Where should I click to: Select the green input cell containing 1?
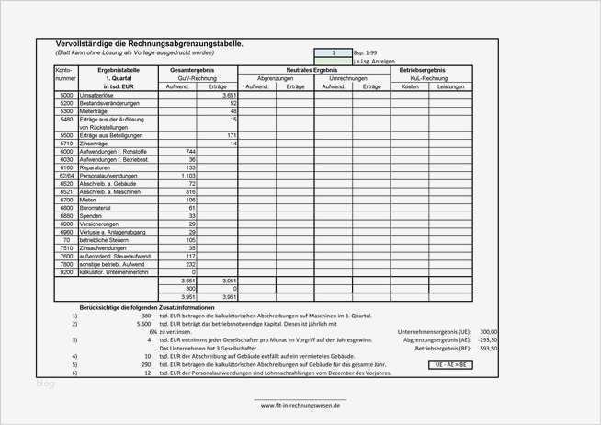[x=333, y=52]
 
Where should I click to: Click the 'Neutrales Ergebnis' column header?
[x=312, y=70]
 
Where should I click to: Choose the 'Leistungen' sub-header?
[x=451, y=86]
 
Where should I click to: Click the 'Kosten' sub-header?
[x=411, y=86]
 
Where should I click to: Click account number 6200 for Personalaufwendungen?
[x=66, y=175]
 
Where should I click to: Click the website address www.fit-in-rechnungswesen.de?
[x=300, y=404]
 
